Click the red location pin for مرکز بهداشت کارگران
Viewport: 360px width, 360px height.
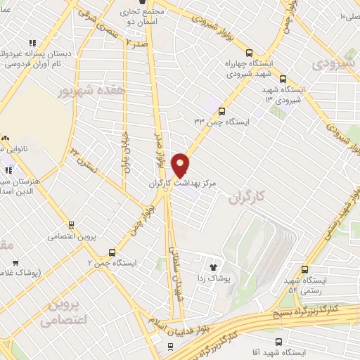click(181, 165)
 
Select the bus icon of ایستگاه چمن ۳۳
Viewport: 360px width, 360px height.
click(222, 111)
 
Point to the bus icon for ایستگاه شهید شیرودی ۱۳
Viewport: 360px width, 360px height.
click(283, 79)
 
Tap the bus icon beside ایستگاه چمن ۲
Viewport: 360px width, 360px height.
click(112, 252)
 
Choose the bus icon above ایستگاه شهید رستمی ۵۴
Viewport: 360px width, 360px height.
click(304, 269)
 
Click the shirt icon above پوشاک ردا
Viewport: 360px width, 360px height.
click(214, 266)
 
